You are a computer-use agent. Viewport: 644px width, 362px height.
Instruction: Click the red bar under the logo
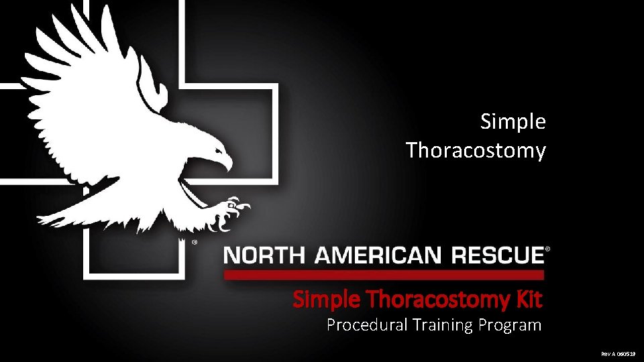[383, 275]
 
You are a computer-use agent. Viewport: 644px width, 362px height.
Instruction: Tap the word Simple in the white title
[513, 122]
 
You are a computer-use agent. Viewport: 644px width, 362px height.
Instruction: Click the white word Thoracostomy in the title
[476, 150]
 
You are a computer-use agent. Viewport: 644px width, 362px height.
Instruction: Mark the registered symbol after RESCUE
[548, 249]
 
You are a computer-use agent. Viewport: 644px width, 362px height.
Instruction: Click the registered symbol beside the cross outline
[195, 242]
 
